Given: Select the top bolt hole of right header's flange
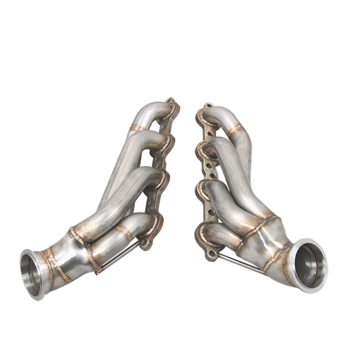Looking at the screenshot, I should click(200, 111).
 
